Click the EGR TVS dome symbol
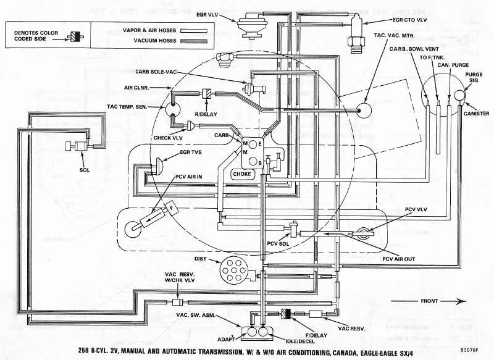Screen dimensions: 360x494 tap(158, 164)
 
